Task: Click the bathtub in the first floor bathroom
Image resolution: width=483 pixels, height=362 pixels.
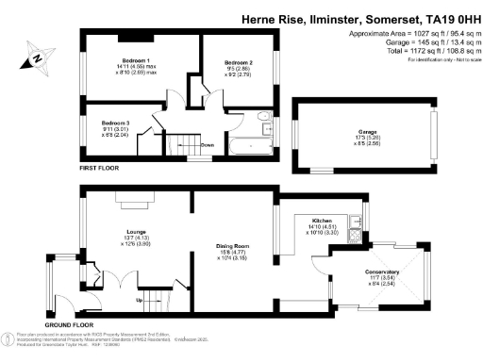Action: point(250,147)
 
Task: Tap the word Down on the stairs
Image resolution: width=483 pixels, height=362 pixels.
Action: point(208,145)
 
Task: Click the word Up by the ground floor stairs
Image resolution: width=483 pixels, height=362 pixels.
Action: point(142,301)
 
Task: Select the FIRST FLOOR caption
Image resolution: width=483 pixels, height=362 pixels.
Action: point(99,168)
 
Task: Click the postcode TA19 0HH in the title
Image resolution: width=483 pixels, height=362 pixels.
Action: point(448,17)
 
